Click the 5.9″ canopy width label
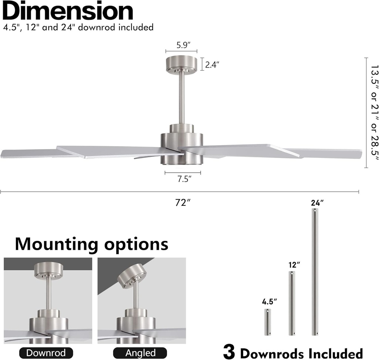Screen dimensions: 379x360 (x=184, y=45)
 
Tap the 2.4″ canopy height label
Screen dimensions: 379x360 (x=212, y=65)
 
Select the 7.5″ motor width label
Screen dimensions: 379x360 (x=184, y=179)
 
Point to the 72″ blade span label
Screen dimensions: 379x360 (x=183, y=202)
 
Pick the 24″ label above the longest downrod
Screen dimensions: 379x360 (x=317, y=203)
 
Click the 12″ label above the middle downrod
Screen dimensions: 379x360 (x=294, y=265)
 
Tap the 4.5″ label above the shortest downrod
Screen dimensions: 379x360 (x=269, y=302)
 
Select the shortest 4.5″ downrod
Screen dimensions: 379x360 (x=267, y=322)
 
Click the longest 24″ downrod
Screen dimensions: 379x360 (x=315, y=272)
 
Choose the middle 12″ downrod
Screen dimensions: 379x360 (x=292, y=303)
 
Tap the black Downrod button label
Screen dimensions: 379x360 (x=46, y=353)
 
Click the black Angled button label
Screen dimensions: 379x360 (x=140, y=353)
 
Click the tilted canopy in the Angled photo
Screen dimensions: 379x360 (x=132, y=276)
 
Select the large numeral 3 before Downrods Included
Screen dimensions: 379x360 (x=229, y=352)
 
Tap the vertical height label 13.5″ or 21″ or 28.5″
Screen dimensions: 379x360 (x=374, y=112)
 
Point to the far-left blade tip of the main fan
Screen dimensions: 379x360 (x=1, y=154)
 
